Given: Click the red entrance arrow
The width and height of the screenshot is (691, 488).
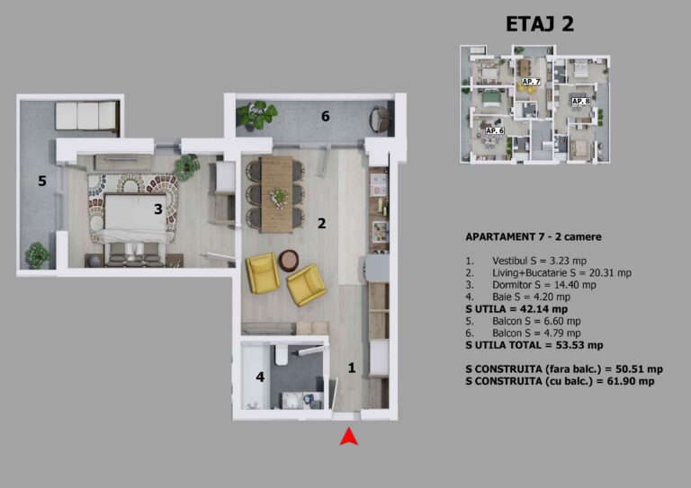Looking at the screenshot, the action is click(348, 437).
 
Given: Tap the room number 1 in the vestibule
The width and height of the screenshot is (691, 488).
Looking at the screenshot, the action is click(352, 368).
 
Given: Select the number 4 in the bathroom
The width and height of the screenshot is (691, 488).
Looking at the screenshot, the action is click(260, 377).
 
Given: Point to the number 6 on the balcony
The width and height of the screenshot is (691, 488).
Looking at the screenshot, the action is click(325, 116).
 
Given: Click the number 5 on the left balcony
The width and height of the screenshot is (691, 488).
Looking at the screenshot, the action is click(42, 181).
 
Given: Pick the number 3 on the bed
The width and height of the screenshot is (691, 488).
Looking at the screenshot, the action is click(158, 209).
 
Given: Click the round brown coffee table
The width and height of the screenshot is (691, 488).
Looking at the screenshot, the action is click(289, 260).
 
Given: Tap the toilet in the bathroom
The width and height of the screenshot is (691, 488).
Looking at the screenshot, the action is click(281, 355).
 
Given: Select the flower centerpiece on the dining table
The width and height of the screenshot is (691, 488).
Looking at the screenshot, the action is click(279, 197).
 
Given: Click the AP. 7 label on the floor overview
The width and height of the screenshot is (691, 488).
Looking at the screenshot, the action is click(531, 82).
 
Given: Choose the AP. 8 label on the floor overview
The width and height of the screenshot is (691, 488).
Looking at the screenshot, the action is click(581, 102).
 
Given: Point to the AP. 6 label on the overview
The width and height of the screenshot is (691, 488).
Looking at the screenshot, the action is click(495, 130).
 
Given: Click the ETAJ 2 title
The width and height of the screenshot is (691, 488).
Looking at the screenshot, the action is click(540, 23).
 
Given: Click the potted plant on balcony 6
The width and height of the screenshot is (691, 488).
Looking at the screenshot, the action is click(256, 115).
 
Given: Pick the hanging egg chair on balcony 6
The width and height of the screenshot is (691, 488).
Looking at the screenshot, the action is click(380, 119).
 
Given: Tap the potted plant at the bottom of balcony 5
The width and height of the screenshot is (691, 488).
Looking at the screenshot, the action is click(38, 255).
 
